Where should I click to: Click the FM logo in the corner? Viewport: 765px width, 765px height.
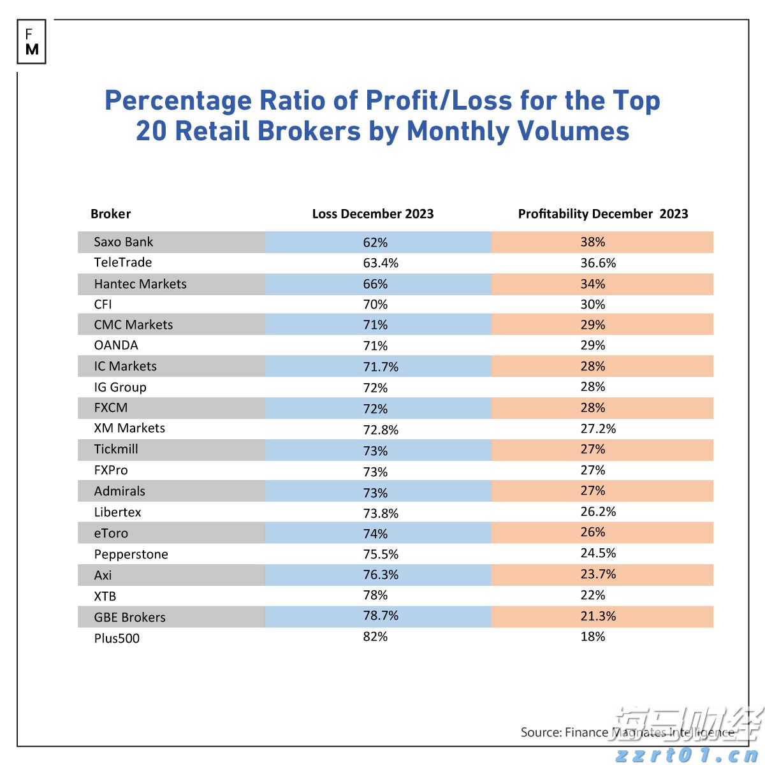click(31, 42)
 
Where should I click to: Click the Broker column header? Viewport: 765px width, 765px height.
click(110, 214)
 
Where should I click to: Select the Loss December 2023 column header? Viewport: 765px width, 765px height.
click(372, 214)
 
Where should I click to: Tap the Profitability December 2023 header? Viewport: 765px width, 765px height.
click(602, 214)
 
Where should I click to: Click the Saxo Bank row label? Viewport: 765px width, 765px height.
click(123, 242)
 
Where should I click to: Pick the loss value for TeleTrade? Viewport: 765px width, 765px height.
click(381, 263)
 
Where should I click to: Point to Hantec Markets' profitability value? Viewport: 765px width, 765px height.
click(592, 284)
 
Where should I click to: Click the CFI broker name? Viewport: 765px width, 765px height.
click(103, 305)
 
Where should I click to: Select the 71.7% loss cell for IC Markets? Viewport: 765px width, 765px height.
click(381, 367)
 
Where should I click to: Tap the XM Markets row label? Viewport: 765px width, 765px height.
click(129, 428)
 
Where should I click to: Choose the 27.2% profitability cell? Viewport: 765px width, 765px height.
click(598, 429)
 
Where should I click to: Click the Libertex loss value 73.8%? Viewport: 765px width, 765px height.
click(381, 513)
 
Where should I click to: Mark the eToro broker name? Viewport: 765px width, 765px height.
click(111, 534)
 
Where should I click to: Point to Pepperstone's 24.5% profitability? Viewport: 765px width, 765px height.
click(598, 553)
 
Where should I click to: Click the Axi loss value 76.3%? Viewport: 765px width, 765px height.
click(381, 575)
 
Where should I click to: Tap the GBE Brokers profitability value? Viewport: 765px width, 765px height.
click(598, 616)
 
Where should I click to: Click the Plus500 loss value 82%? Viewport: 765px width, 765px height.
click(375, 637)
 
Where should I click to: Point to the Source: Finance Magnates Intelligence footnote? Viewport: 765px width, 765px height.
click(627, 732)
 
